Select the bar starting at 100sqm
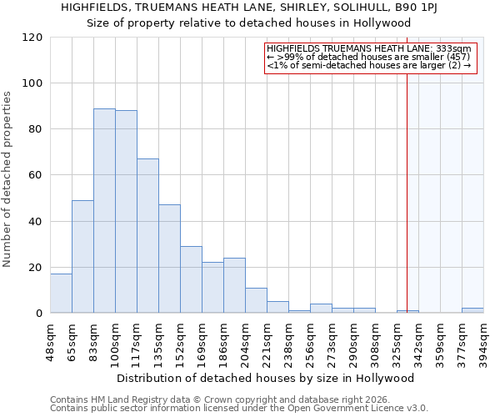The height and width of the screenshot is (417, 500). (x=126, y=212)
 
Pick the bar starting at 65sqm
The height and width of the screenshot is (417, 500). (x=82, y=257)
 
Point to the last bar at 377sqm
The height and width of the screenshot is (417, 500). (x=472, y=310)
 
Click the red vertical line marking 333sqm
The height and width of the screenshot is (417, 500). (x=407, y=183)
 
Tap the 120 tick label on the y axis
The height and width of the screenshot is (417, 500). (x=32, y=38)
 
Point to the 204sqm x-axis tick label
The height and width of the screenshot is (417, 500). (x=246, y=340)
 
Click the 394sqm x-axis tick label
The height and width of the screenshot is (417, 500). (x=484, y=340)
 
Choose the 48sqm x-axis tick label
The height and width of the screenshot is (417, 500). (x=51, y=340)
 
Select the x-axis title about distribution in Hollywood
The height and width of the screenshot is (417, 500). (x=265, y=378)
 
